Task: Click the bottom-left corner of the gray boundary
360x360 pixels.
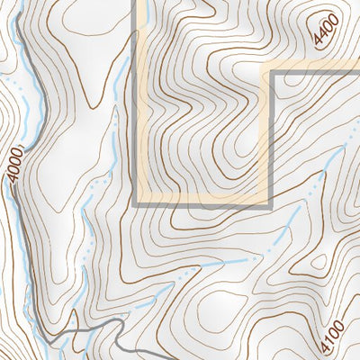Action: click(135, 205)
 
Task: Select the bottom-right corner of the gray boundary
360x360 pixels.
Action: click(269, 205)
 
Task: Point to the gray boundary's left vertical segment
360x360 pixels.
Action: click(135, 108)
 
